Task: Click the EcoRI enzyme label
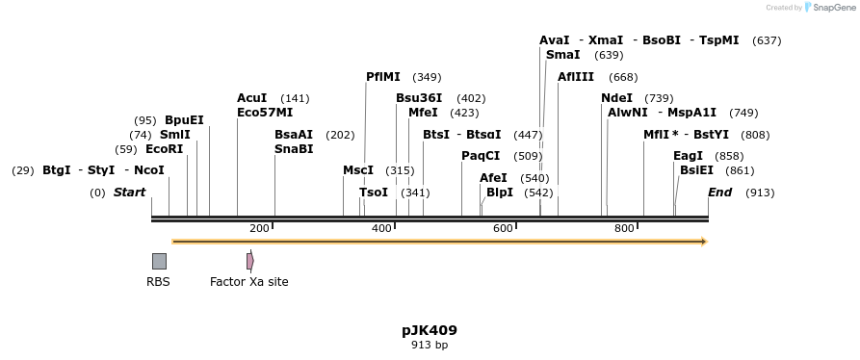164,149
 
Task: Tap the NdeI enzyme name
616,98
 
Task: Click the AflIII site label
576,77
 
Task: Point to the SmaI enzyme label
562,55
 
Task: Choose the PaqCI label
481,156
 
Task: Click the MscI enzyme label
358,170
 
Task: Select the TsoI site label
374,193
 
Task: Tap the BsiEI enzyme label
696,170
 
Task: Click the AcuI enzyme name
252,98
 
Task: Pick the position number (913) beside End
760,193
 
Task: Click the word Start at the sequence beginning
129,193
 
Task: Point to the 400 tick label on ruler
381,228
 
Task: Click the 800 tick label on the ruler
624,228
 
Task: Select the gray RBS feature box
159,261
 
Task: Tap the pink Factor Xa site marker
249,261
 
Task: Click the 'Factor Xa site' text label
248,282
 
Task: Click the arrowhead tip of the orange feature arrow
706,242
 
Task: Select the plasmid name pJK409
430,330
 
